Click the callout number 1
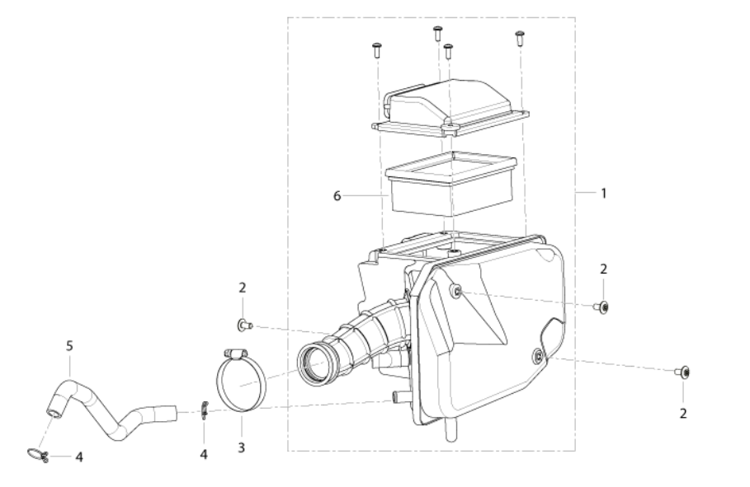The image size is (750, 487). tap(604, 194)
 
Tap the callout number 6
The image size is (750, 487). tap(337, 196)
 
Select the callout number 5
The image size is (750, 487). tap(70, 345)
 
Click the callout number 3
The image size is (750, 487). tap(242, 447)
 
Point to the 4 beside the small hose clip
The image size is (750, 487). tap(79, 457)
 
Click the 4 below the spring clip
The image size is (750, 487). tap(204, 455)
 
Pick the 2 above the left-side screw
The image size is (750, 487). tap(243, 288)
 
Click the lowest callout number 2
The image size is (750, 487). tap(683, 414)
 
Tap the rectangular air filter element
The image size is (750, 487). tap(451, 184)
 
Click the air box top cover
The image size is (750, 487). tap(450, 107)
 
